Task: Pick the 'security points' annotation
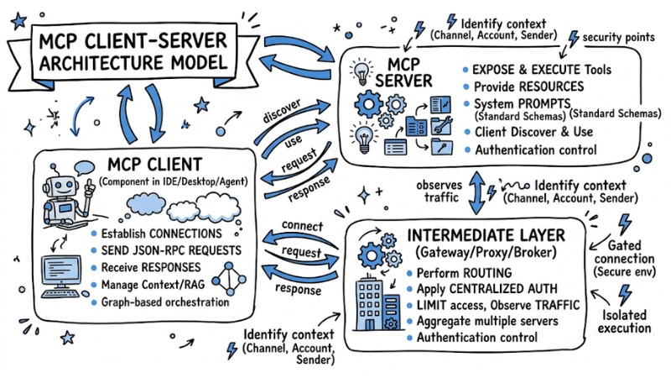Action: (x=619, y=39)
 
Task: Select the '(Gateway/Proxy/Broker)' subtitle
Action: (x=484, y=253)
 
